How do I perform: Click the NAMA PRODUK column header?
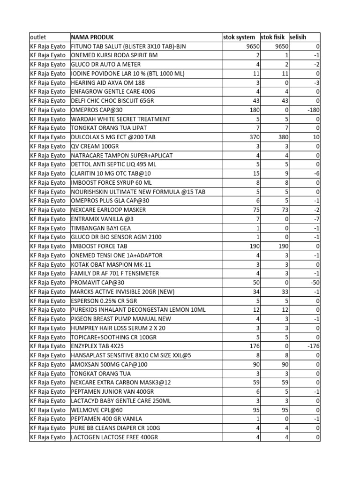point(92,37)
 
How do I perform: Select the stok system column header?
point(239,37)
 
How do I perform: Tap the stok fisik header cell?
point(273,37)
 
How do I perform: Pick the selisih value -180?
point(312,110)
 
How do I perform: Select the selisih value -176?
point(312,346)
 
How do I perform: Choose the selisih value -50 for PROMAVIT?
point(314,283)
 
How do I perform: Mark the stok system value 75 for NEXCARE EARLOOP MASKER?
point(253,210)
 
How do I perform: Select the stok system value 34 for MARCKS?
point(253,292)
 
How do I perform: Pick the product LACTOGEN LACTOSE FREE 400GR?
point(114,437)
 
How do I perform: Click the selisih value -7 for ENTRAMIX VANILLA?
point(316,219)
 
